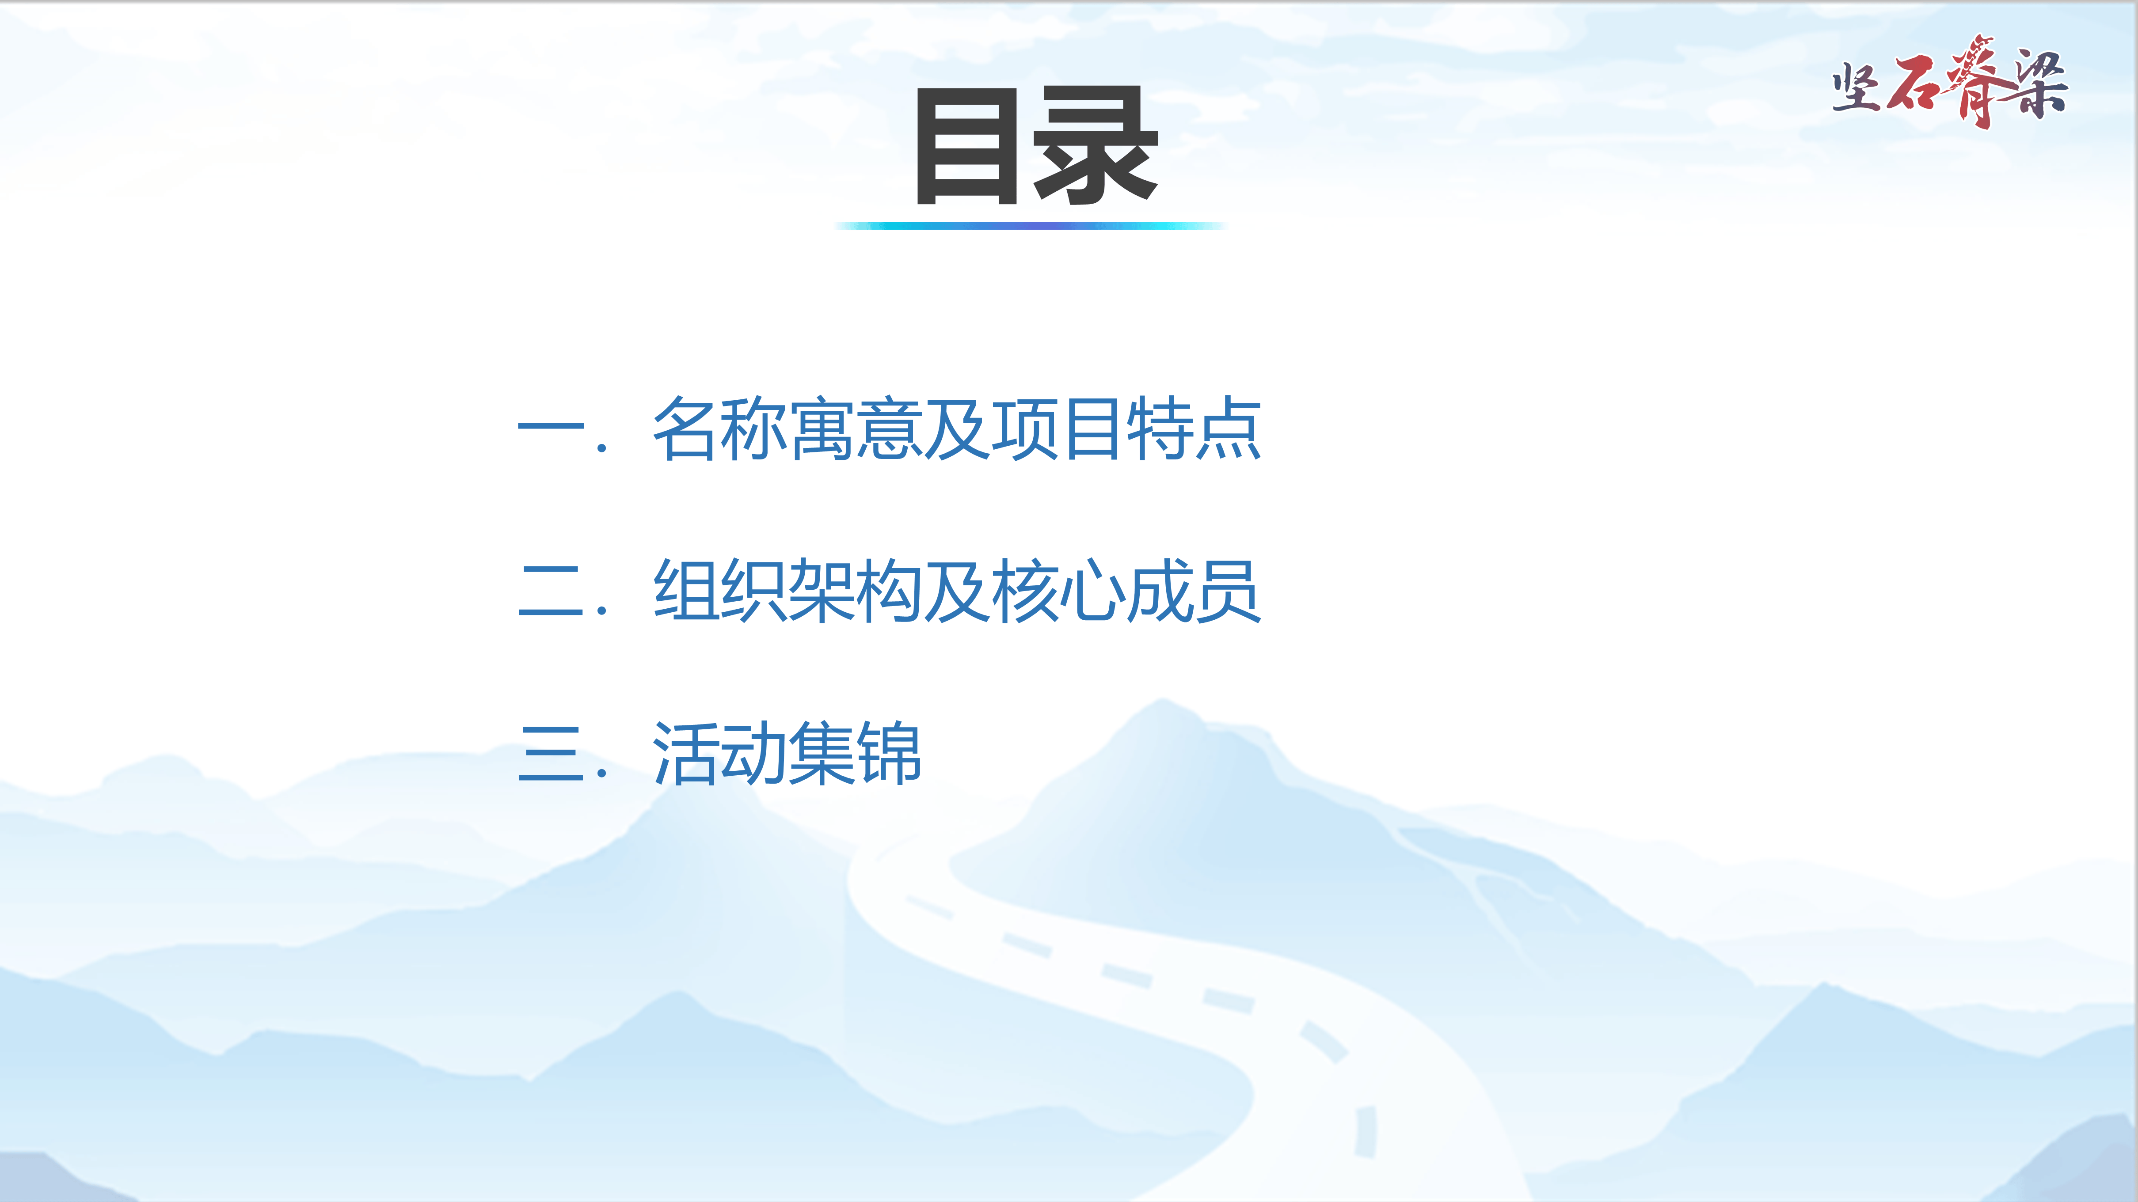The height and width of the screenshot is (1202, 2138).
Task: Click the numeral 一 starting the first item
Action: coord(550,426)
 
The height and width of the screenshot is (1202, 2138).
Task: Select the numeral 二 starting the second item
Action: coord(550,589)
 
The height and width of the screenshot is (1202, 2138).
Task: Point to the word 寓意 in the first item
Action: coord(855,428)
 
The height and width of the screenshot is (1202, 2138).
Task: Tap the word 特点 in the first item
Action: coord(1194,428)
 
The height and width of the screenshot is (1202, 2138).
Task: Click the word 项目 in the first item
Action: coord(1058,428)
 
